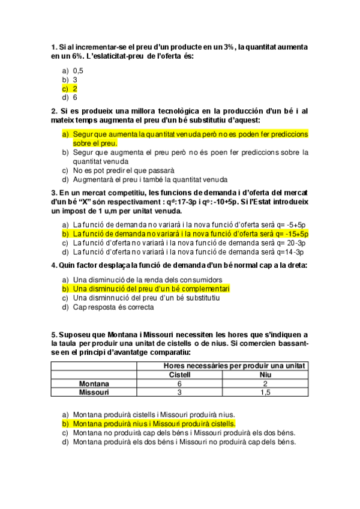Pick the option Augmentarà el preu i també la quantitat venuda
point(150,179)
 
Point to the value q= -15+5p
point(288,233)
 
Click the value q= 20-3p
point(289,242)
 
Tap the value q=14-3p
point(290,251)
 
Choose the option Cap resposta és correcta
point(113,307)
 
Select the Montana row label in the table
point(94,384)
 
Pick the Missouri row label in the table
point(94,393)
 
